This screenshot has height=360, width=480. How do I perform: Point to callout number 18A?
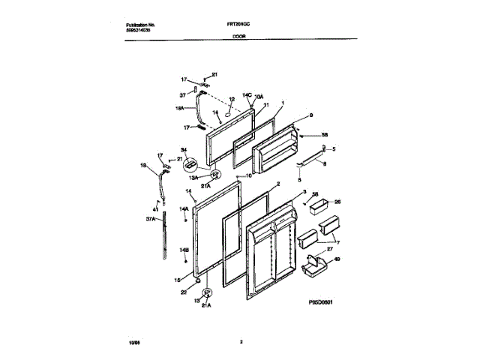179,109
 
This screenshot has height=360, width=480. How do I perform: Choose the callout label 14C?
247,95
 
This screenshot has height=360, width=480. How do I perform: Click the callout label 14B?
183,250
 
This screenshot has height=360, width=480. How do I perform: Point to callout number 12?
232,99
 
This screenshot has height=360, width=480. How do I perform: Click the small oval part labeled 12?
232,107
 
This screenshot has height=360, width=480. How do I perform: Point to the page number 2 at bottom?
241,343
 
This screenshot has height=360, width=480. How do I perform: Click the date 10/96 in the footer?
134,343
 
